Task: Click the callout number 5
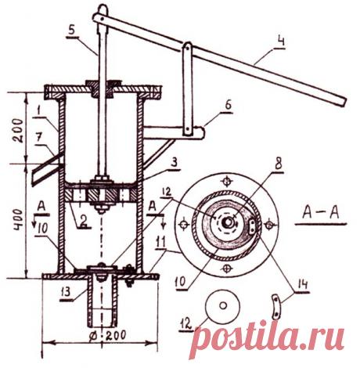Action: point(71,30)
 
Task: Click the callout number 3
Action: point(175,163)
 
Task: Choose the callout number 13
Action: point(66,292)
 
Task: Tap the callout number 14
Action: point(302,285)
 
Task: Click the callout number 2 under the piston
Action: point(83,222)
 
